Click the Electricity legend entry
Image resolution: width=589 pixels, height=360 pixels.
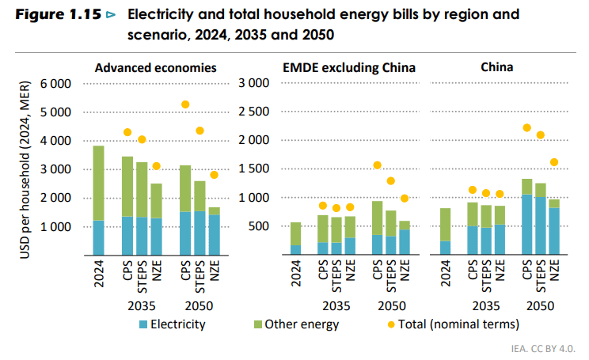(x=173, y=324)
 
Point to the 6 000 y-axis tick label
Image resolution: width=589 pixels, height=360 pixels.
(x=54, y=84)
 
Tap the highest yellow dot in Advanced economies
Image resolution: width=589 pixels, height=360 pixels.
(x=185, y=104)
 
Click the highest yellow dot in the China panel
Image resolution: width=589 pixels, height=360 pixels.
(x=526, y=127)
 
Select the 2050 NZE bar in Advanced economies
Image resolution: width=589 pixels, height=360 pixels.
(x=214, y=230)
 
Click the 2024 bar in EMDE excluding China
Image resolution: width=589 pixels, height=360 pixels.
(x=295, y=238)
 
